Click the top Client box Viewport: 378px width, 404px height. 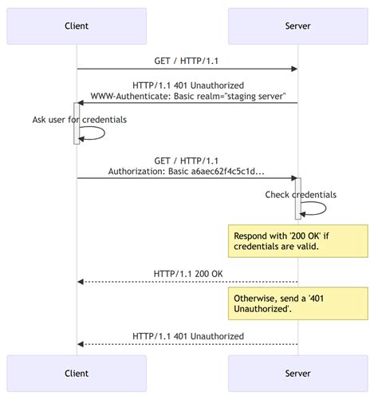pyautogui.click(x=77, y=26)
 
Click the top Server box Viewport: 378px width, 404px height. pyautogui.click(x=297, y=26)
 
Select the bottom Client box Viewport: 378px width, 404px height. pyautogui.click(x=77, y=374)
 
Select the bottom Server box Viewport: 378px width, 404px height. pyautogui.click(x=297, y=374)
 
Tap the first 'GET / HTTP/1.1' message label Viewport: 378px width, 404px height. pyautogui.click(x=187, y=61)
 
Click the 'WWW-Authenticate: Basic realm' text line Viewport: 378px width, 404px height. pyautogui.click(x=187, y=96)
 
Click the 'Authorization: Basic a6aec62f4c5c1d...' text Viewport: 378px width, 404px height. pyautogui.click(x=187, y=171)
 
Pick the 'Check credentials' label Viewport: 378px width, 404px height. pyautogui.click(x=301, y=195)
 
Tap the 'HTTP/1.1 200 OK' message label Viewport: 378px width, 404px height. pyautogui.click(x=187, y=274)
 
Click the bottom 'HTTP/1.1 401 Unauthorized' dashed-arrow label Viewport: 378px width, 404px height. pyautogui.click(x=187, y=336)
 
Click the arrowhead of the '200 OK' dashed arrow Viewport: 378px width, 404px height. pyautogui.click(x=81, y=282)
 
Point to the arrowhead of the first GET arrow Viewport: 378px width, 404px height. pyautogui.click(x=294, y=69)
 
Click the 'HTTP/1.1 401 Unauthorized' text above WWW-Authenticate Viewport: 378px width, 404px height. pyautogui.click(x=187, y=85)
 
